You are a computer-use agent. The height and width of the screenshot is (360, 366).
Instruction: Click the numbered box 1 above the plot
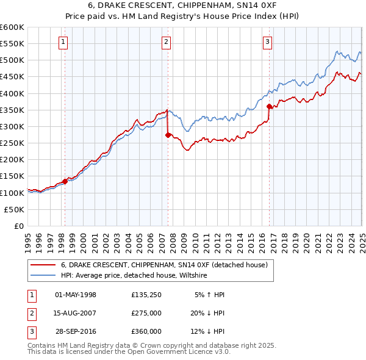click(x=63, y=42)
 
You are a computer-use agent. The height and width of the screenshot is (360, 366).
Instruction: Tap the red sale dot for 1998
click(x=65, y=181)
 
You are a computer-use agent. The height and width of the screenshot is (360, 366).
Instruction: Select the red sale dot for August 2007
click(x=168, y=135)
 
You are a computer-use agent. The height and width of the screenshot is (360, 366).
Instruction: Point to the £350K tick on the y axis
click(x=12, y=110)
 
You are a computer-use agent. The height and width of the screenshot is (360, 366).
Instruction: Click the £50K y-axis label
click(x=15, y=209)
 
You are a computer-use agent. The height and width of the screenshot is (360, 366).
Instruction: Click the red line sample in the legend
click(x=43, y=265)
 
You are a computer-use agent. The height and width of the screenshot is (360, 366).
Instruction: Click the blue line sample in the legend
click(x=43, y=276)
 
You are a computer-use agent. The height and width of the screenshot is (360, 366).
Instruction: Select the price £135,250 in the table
click(x=146, y=295)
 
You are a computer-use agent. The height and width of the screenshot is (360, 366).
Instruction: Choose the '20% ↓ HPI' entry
click(x=207, y=313)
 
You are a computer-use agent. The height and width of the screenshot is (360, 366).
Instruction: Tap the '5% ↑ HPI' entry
click(x=209, y=295)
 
